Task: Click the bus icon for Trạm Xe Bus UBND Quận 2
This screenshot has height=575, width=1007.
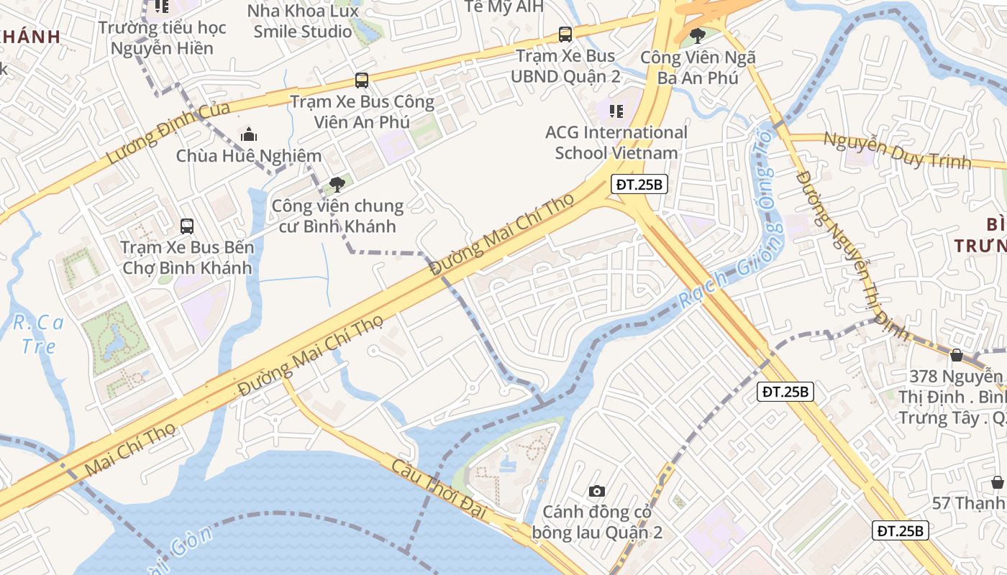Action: [565, 34]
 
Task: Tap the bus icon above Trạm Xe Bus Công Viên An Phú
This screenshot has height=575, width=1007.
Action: [361, 80]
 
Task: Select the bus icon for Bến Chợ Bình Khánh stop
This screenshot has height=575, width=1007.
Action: [187, 226]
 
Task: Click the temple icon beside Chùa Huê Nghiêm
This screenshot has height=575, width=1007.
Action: [249, 134]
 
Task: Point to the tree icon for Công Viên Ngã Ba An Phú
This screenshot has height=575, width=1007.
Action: [697, 35]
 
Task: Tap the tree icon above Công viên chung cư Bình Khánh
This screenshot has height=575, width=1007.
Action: [337, 185]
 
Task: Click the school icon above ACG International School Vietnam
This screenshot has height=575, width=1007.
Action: [616, 111]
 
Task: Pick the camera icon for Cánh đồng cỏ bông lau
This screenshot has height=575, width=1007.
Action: [596, 491]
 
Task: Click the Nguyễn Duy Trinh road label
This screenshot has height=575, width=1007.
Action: [896, 149]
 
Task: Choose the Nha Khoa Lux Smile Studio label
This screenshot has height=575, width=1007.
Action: [303, 21]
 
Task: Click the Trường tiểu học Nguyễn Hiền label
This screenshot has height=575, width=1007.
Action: [162, 38]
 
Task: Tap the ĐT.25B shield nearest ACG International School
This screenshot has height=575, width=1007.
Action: [639, 185]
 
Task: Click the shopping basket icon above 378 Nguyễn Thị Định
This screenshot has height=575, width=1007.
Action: [957, 354]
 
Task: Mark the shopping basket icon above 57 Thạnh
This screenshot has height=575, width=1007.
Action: [997, 482]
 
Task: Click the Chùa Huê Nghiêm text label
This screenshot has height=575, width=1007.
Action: [249, 156]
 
